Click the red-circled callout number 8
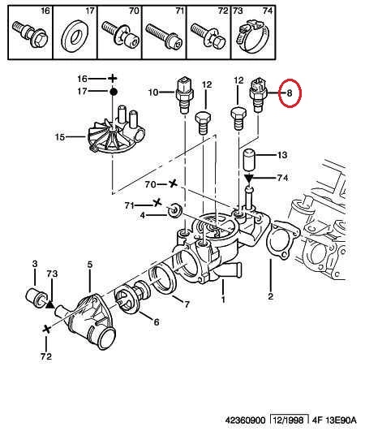pyautogui.click(x=290, y=93)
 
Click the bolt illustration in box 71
pyautogui.click(x=164, y=36)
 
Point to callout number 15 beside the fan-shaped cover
pyautogui.click(x=60, y=136)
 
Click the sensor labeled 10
pyautogui.click(x=184, y=95)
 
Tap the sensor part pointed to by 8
pyautogui.click(x=258, y=95)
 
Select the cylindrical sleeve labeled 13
pyautogui.click(x=249, y=160)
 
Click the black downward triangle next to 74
pyautogui.click(x=249, y=179)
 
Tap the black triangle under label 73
pyautogui.click(x=49, y=304)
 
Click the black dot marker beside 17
pyautogui.click(x=114, y=92)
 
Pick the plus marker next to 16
pyautogui.click(x=112, y=79)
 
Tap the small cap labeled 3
pyautogui.click(x=35, y=296)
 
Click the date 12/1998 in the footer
pyautogui.click(x=289, y=420)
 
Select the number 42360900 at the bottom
pyautogui.click(x=245, y=420)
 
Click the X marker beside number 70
pyautogui.click(x=172, y=183)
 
